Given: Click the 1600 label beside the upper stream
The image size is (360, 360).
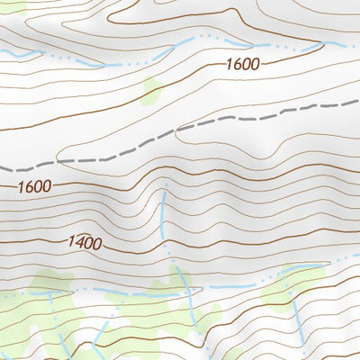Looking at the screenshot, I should click(x=242, y=64).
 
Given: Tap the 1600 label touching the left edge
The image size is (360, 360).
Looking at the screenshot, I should click(x=33, y=187).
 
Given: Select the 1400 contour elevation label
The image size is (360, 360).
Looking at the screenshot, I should click(x=84, y=242).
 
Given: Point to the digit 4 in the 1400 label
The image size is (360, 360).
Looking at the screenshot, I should click(x=77, y=242).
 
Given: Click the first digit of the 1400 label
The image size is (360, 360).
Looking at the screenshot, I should click(x=68, y=242).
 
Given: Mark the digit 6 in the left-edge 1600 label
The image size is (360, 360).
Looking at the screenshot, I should click(x=26, y=187).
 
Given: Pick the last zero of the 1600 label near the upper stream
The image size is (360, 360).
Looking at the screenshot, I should click(x=255, y=64).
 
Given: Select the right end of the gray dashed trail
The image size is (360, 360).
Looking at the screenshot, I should click(x=357, y=106).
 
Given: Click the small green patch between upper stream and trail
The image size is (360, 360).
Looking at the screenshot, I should click(x=153, y=89).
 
